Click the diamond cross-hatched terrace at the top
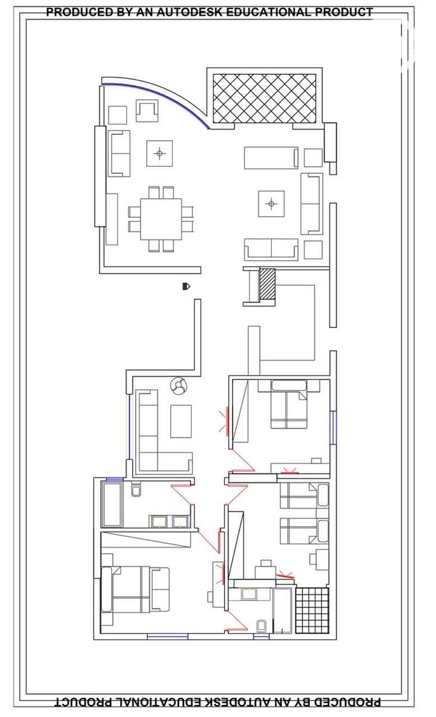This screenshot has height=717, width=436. point(265,98)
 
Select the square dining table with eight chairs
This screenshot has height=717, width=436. point(161,219)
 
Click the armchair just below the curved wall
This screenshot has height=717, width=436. point(147,111)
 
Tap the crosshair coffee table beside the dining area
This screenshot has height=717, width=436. point(159,153)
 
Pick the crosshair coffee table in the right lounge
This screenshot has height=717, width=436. point(271,203)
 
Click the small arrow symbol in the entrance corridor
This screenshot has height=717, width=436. point(186,286)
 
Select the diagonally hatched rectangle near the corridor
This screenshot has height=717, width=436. point(267,284)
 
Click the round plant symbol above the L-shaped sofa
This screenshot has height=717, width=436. point(179,387)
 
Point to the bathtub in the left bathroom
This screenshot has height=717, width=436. point(112,505)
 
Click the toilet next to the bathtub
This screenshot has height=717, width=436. point(136,491)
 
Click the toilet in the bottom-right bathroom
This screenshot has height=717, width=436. point(262,626)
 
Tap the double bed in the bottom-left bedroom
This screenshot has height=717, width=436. point(134,589)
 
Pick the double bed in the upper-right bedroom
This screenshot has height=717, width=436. point(289,404)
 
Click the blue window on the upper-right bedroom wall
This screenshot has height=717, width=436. point(333,427)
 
